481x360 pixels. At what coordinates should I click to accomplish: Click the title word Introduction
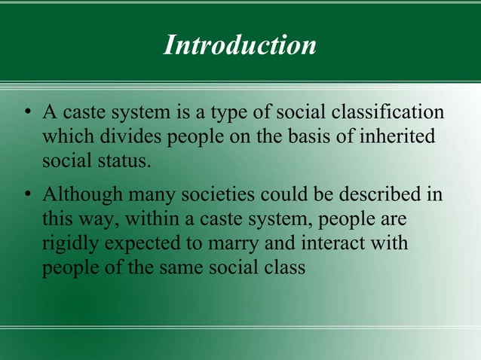[240, 45]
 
